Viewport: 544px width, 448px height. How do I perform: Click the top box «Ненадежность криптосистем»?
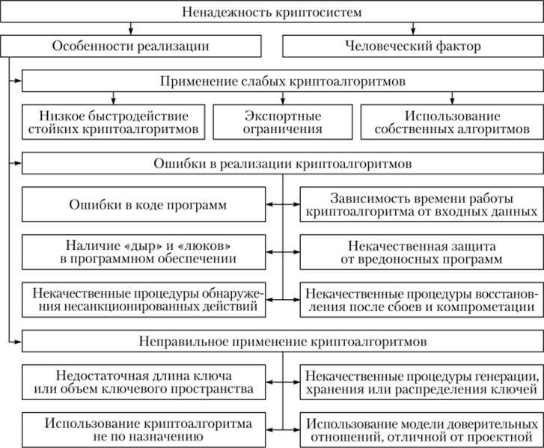272,11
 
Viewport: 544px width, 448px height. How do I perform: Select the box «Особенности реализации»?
130,46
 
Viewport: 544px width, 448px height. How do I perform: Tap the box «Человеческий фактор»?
412,46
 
